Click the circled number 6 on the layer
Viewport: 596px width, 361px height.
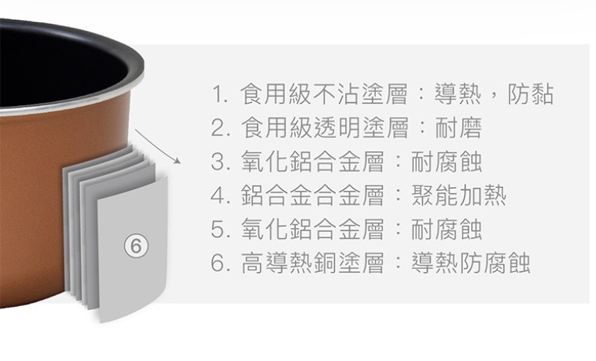136,247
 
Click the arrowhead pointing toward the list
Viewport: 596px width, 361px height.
178,162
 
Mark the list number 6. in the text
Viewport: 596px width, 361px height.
220,263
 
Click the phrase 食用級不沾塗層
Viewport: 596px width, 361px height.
323,94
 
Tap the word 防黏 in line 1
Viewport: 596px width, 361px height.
530,94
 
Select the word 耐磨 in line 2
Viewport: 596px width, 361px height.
459,128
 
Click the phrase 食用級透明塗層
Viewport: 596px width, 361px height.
324,128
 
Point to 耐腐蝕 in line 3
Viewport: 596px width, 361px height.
447,162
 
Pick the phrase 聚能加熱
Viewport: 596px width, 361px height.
459,195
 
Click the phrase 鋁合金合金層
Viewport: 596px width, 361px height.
313,195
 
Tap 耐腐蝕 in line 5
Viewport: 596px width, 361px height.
447,230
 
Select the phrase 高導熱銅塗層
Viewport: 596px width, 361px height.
313,263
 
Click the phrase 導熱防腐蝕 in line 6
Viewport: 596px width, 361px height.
471,263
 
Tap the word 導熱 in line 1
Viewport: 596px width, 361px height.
458,94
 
